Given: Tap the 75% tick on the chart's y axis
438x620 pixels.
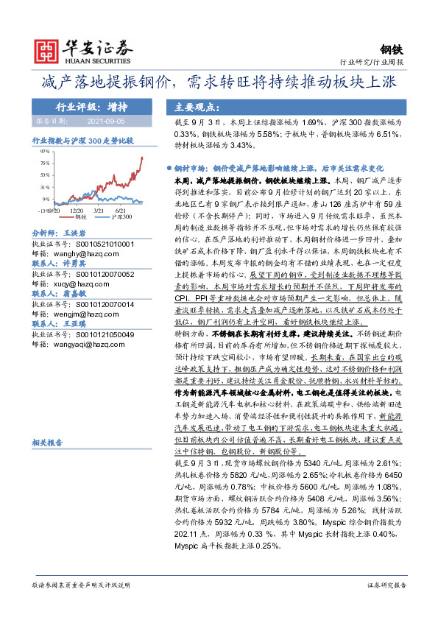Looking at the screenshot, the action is [x=45, y=163].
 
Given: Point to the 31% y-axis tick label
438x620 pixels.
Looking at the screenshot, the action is [x=45, y=187].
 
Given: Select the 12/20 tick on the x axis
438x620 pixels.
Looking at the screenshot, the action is [x=76, y=210].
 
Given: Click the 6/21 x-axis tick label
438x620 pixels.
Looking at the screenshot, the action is [x=119, y=210].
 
